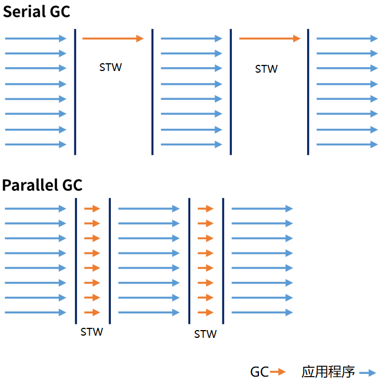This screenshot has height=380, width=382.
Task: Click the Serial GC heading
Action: pyautogui.click(x=37, y=11)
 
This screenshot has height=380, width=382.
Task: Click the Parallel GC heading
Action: pyautogui.click(x=42, y=185)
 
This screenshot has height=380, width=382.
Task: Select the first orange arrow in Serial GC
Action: pyautogui.click(x=113, y=38)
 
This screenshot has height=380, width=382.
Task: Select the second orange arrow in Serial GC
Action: pyautogui.click(x=269, y=38)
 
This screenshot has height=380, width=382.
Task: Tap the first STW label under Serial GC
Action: pyautogui.click(x=110, y=67)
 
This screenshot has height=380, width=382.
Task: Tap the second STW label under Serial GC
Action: pyautogui.click(x=266, y=69)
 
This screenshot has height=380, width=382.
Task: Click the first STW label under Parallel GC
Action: pyautogui.click(x=91, y=332)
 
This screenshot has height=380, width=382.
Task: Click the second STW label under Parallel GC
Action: pyautogui.click(x=205, y=334)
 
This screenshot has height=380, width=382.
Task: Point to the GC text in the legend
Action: pyautogui.click(x=259, y=371)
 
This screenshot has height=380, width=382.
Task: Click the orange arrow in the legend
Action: pyautogui.click(x=278, y=372)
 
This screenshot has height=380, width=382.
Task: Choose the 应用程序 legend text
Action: pyautogui.click(x=328, y=371)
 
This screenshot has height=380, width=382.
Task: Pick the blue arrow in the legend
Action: pyautogui.click(x=368, y=372)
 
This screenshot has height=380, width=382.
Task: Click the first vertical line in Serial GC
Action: pyautogui.click(x=75, y=92)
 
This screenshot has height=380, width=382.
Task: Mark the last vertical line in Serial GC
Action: pyautogui.click(x=308, y=92)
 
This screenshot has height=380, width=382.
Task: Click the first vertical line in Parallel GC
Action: pyautogui.click(x=76, y=261)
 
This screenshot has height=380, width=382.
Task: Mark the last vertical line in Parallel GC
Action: pyautogui.click(x=223, y=261)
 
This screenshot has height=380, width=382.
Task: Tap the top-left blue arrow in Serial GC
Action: pyautogui.click(x=35, y=38)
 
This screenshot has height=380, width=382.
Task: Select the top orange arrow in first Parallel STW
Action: pyautogui.click(x=92, y=209)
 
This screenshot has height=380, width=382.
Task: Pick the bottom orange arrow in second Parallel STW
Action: pyautogui.click(x=206, y=312)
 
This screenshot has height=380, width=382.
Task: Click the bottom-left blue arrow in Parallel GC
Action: pyautogui.click(x=35, y=312)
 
